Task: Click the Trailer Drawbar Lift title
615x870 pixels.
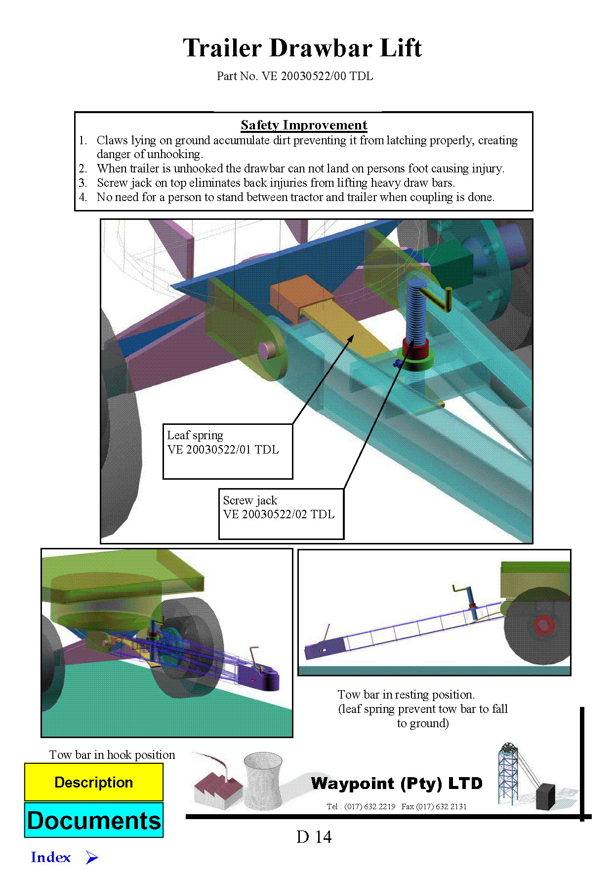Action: [302, 48]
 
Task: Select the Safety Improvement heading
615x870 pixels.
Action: [304, 125]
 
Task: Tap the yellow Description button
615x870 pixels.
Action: [94, 782]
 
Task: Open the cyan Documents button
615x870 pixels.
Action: [94, 820]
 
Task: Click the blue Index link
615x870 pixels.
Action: [51, 857]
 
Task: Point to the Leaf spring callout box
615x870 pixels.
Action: [228, 451]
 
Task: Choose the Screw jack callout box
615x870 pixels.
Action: [281, 514]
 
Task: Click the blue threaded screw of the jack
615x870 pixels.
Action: [416, 311]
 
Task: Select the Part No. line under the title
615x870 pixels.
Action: [295, 76]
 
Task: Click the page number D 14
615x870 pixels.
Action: [314, 837]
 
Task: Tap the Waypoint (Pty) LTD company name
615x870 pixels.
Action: [397, 784]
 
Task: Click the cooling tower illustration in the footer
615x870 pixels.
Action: [263, 781]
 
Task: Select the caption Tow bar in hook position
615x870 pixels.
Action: [112, 755]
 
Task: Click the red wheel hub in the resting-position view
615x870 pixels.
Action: [543, 625]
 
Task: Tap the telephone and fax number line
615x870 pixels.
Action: [397, 806]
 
